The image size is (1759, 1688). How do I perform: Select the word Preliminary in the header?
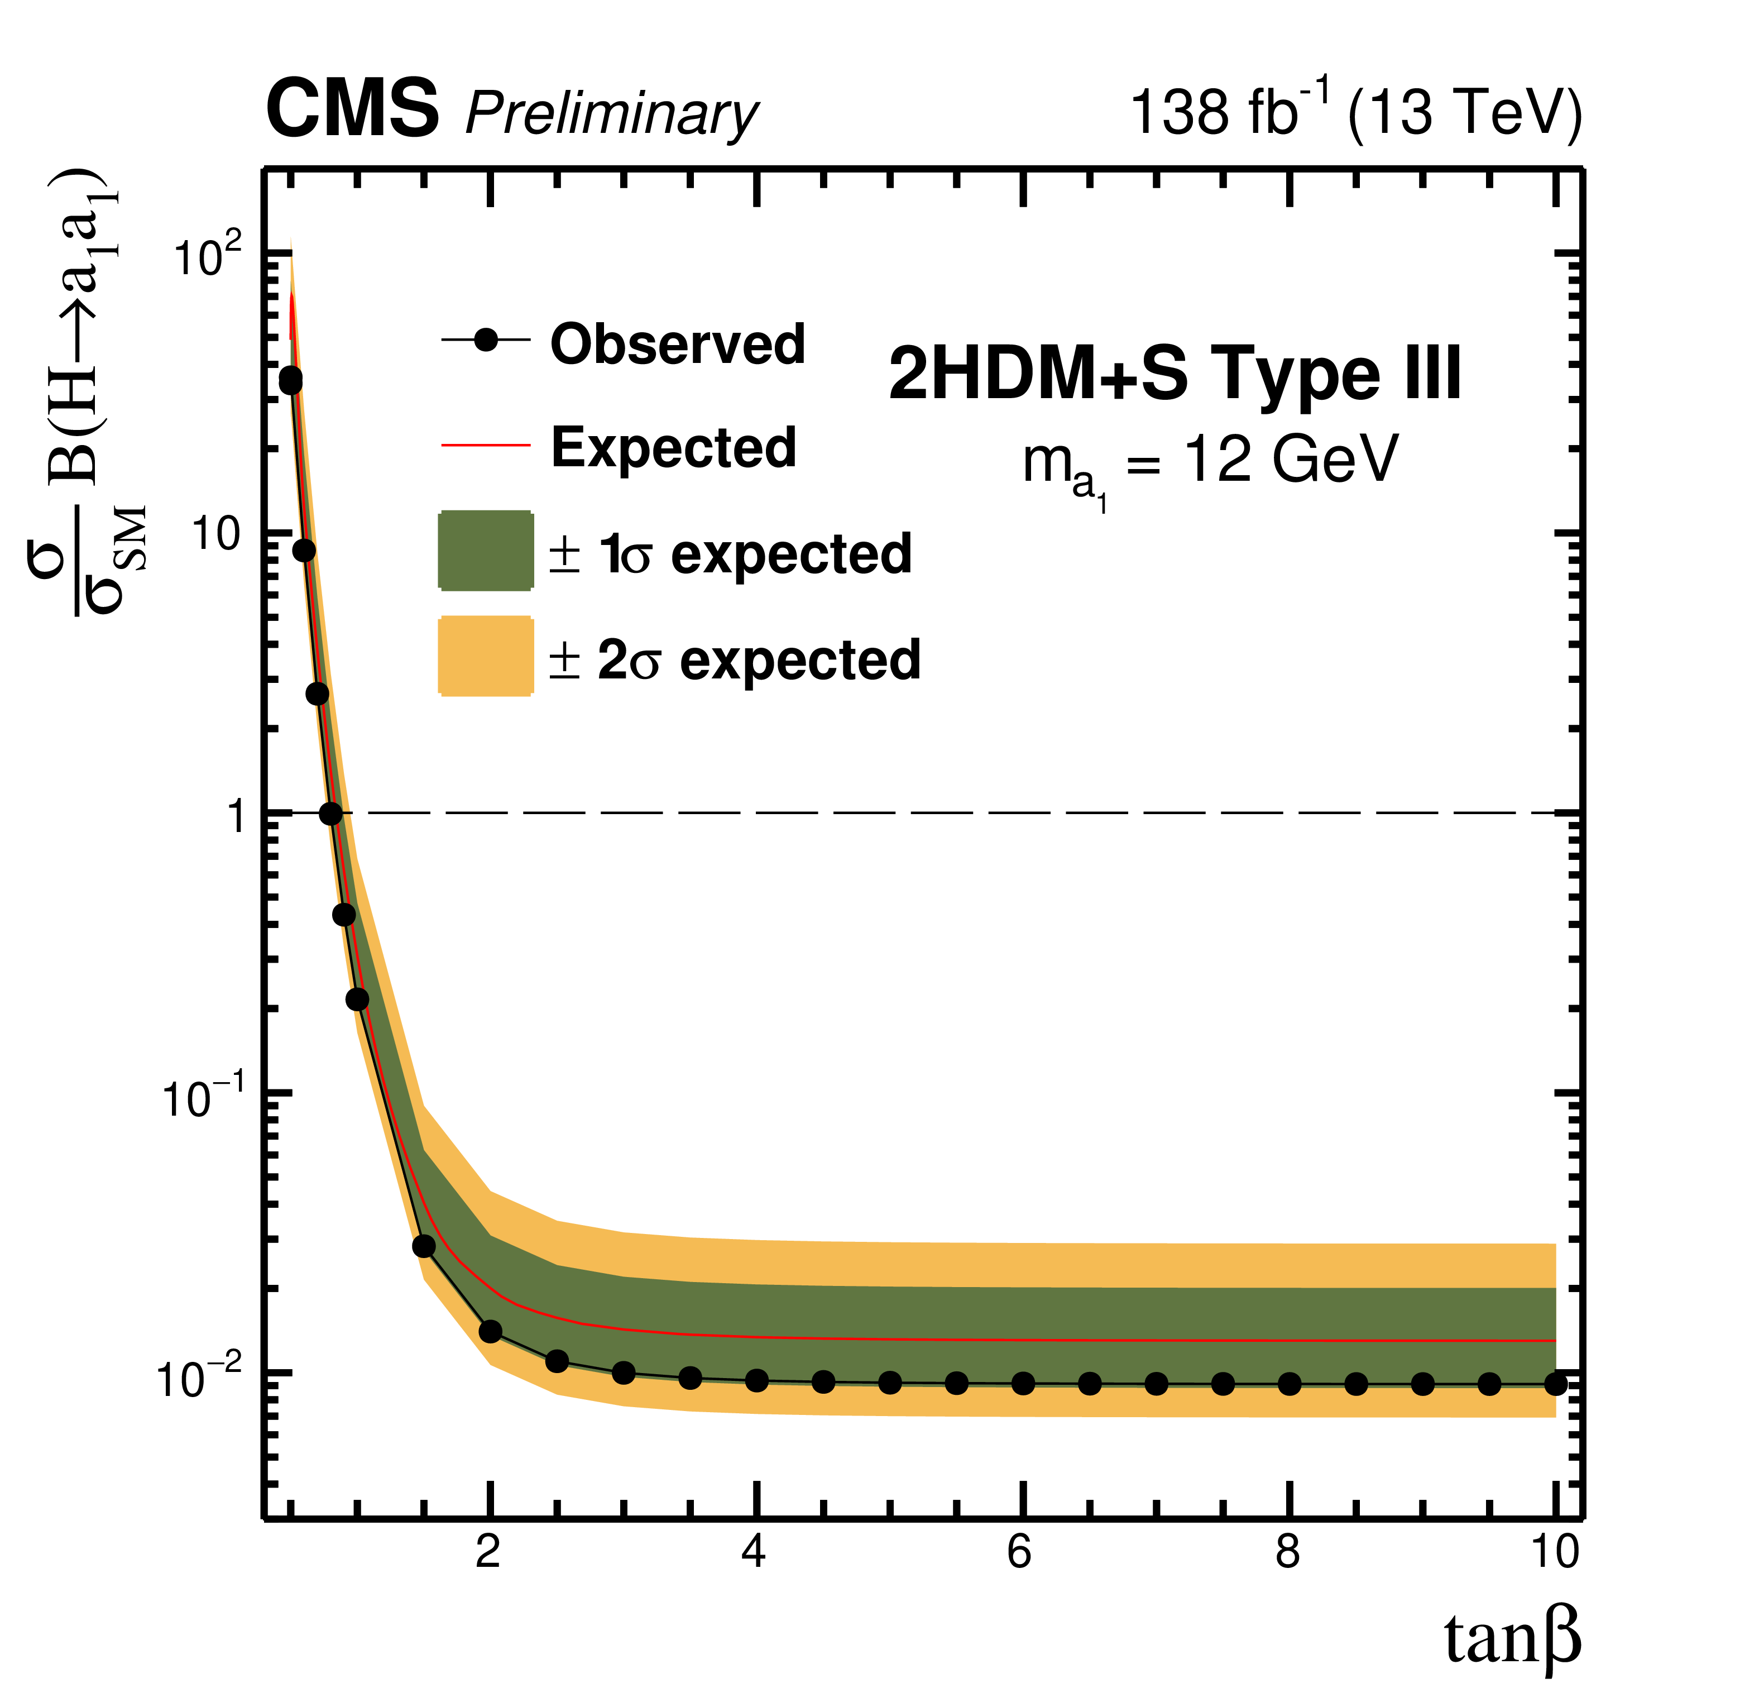coord(611,115)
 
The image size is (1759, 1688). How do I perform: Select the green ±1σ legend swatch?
coord(486,551)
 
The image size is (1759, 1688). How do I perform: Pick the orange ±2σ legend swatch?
coord(486,656)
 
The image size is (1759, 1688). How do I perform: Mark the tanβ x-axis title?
coord(1512,1639)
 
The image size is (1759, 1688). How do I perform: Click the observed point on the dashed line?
coord(330,814)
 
